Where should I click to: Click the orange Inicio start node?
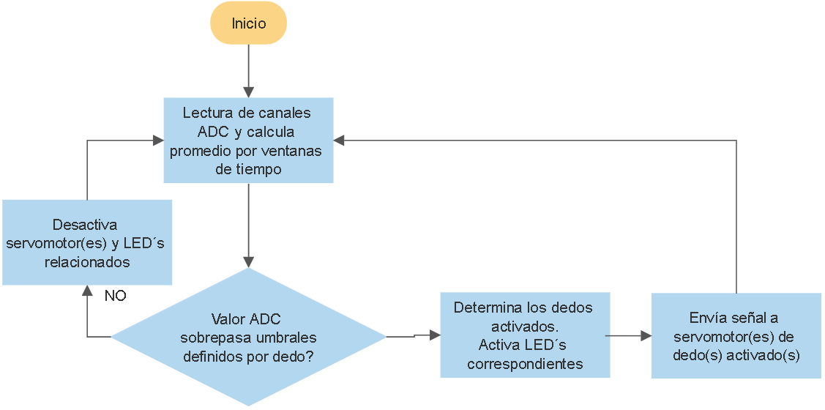[x=248, y=23]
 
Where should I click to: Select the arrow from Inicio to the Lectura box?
[x=248, y=70]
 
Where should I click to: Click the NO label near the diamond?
[x=115, y=297]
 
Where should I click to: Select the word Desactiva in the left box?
[x=85, y=225]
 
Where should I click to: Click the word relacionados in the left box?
[x=86, y=261]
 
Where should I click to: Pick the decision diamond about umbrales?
[x=248, y=337]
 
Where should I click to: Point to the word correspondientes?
[x=525, y=364]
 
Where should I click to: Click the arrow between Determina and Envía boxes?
[x=630, y=336]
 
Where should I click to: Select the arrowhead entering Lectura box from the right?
[x=339, y=141]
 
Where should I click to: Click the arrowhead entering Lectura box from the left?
[x=158, y=141]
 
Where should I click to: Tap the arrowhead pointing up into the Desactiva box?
[x=87, y=290]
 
